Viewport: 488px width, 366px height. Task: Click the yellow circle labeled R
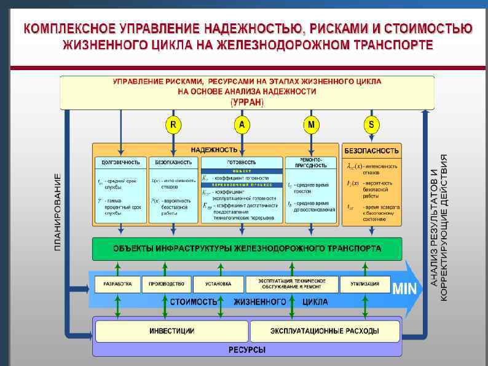point(173,125)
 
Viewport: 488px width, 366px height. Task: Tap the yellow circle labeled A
point(242,125)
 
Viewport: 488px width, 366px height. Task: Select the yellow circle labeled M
point(312,125)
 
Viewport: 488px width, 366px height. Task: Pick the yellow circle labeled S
point(371,125)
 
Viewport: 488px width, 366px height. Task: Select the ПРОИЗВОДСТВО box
point(165,284)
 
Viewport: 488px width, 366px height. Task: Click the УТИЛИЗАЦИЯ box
point(369,284)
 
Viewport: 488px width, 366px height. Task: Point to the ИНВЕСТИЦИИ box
point(171,331)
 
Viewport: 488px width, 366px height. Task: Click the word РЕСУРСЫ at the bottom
point(247,350)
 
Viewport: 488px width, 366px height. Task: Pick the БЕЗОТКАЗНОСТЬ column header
point(173,162)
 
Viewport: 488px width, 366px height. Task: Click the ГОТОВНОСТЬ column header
point(242,162)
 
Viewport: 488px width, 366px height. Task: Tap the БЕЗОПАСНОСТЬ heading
point(372,150)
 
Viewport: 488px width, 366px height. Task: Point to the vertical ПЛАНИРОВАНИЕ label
point(58,212)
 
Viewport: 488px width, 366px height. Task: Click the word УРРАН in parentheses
point(246,101)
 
